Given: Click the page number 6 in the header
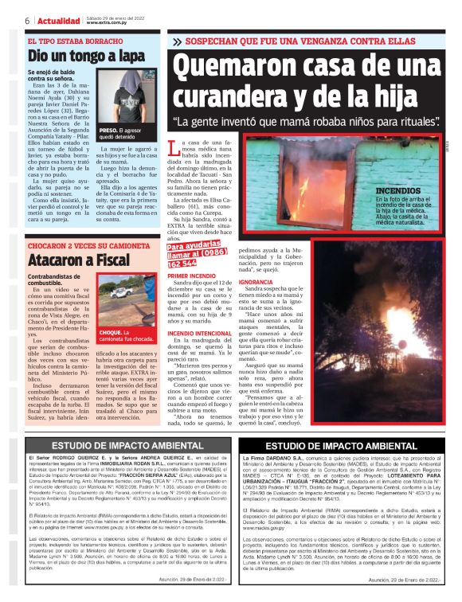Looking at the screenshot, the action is point(27,20).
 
